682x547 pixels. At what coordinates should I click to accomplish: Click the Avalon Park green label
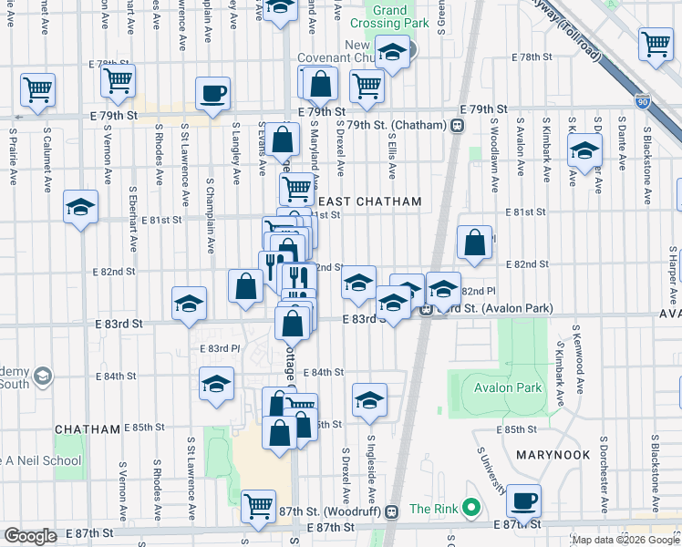(508, 387)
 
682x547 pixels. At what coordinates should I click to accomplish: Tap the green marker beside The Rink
(470, 508)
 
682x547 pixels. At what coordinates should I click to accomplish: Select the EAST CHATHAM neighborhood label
(369, 201)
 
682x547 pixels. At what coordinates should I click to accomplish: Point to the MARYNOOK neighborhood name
(555, 453)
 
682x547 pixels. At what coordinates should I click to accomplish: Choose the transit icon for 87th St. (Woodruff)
(391, 511)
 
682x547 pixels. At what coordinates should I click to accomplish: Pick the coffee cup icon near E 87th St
(524, 501)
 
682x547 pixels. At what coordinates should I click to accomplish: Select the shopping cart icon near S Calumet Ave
(37, 89)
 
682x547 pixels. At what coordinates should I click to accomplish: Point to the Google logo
(30, 536)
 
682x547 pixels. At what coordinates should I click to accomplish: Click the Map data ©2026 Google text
(625, 540)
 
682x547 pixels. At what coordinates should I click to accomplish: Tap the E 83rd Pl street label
(219, 348)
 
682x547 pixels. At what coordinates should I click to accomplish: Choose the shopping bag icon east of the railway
(474, 243)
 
